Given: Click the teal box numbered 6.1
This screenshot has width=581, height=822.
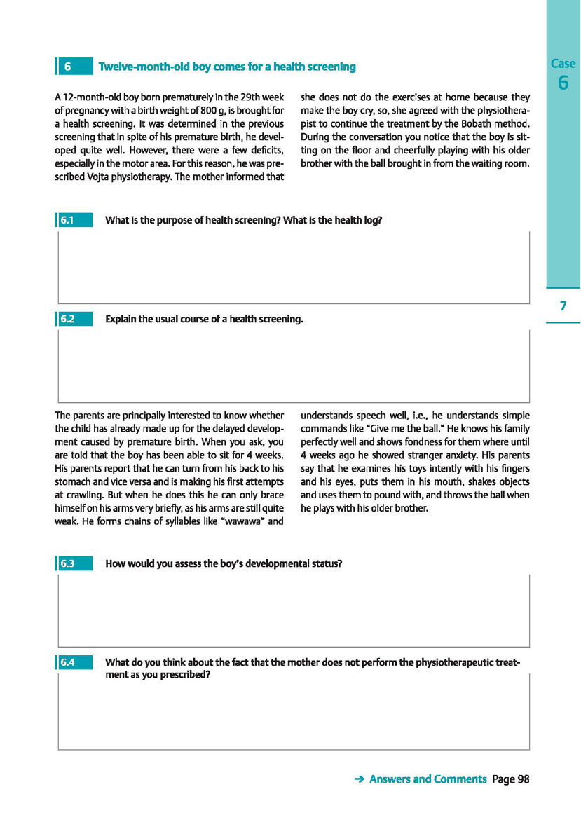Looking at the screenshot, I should click(x=74, y=220).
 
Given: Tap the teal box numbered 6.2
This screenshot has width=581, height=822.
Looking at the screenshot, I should click(x=74, y=320).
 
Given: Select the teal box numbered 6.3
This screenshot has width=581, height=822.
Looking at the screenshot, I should click(x=74, y=563).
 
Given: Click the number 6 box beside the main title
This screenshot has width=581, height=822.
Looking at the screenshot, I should click(x=74, y=67).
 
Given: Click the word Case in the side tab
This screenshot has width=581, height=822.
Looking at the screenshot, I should click(x=563, y=64).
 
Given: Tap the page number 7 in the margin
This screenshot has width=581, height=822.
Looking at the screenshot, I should click(x=563, y=306).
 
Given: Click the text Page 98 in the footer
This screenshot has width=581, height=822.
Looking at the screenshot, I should click(x=511, y=779).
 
